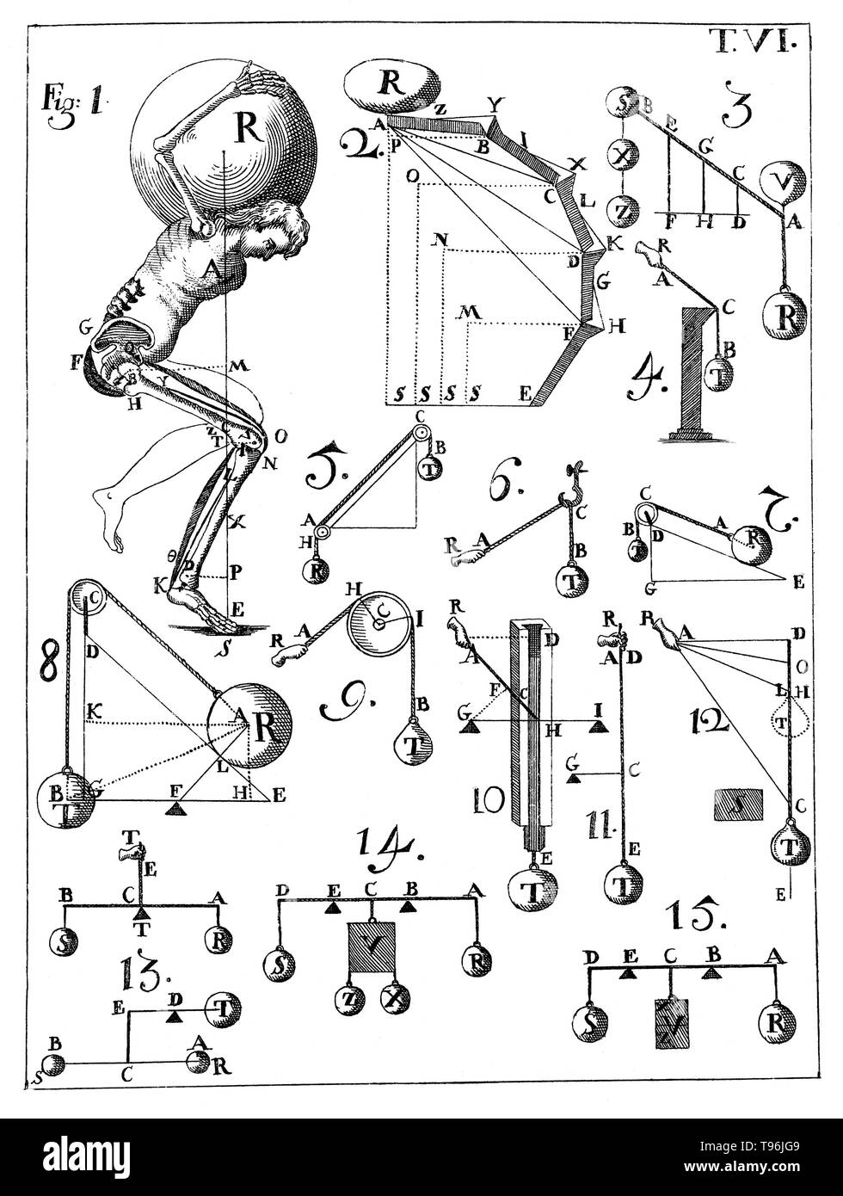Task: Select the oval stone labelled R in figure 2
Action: [393, 86]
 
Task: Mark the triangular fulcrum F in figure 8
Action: [176, 808]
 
